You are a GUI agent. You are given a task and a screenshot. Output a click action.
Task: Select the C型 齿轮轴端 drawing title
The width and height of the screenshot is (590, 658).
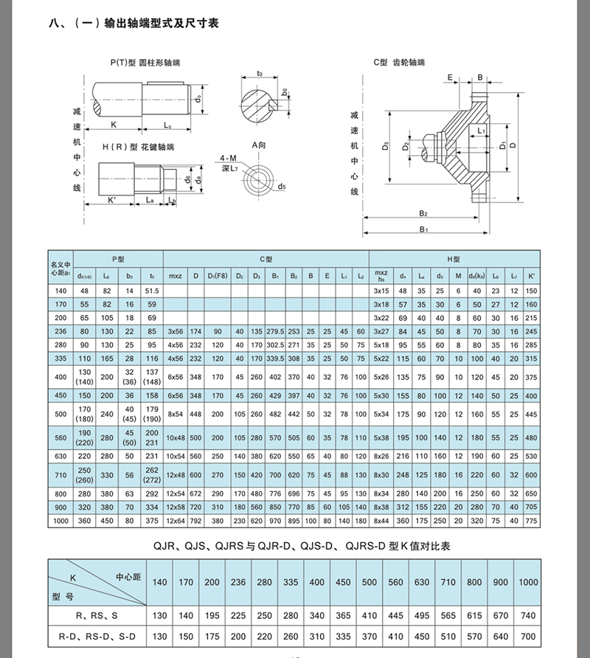[x=398, y=64]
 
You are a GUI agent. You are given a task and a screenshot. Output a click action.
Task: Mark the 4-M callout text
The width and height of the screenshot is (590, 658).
[x=227, y=159]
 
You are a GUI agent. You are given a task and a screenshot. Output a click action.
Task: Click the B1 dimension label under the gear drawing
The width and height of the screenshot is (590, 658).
[x=424, y=230]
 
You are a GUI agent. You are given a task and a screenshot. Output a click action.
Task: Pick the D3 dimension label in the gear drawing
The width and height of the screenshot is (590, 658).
[x=385, y=147]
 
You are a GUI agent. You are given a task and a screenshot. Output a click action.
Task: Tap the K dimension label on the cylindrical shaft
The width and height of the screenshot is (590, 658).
[x=114, y=125]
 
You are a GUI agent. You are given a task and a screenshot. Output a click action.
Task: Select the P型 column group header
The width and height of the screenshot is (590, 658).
[x=119, y=260]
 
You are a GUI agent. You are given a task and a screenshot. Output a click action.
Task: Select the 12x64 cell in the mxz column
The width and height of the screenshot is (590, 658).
[x=176, y=522]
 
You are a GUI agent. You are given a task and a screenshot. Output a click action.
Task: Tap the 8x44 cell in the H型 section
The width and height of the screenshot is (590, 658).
[x=381, y=522]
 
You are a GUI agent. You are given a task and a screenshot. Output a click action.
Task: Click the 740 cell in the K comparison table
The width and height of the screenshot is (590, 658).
[x=527, y=613]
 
